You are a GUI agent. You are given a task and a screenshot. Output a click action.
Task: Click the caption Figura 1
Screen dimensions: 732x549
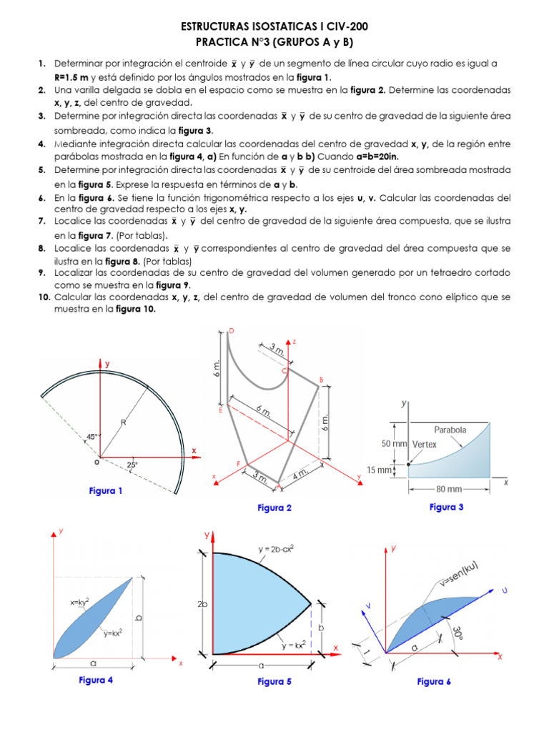106,491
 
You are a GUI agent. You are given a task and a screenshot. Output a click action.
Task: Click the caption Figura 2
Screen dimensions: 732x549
274,508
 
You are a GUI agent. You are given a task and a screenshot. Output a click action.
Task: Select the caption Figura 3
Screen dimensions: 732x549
446,507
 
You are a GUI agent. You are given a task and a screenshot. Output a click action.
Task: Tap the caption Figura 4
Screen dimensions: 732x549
96,680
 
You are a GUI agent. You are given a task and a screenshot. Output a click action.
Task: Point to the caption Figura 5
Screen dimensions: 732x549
274,681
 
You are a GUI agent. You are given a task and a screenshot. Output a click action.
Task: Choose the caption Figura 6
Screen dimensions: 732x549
434,681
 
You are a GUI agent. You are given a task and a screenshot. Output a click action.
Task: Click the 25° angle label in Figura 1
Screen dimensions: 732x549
132,465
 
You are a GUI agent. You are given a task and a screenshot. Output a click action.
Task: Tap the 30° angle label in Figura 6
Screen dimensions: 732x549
457,633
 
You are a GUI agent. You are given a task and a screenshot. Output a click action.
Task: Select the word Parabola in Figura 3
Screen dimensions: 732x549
450,430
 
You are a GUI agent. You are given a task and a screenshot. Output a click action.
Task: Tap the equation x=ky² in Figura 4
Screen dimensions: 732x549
84,603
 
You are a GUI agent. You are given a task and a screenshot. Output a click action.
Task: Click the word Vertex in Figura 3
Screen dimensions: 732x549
424,444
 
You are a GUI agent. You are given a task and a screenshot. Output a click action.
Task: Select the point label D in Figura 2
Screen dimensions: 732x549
231,330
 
